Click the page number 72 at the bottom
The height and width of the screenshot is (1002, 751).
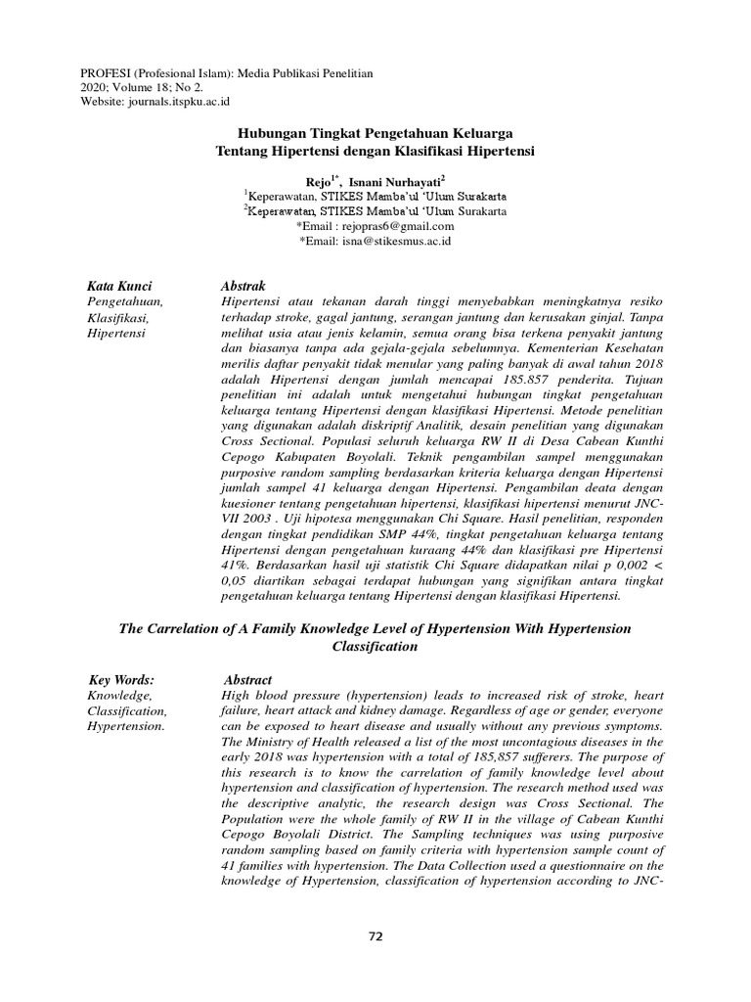(x=375, y=936)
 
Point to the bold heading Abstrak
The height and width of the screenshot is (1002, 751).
(x=244, y=286)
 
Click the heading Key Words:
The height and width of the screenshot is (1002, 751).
(x=121, y=680)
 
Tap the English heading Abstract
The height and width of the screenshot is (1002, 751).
(x=248, y=680)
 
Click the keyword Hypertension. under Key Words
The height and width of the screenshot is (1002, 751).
(x=126, y=727)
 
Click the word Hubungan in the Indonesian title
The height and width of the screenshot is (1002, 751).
(x=274, y=132)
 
